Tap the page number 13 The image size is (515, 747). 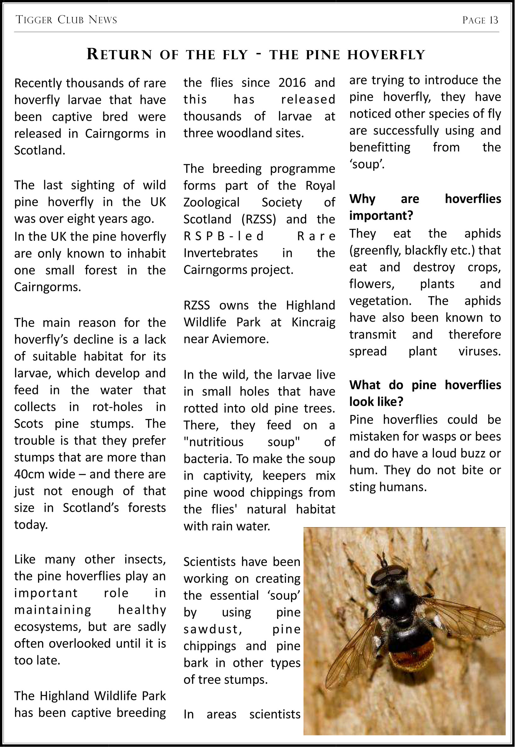493,20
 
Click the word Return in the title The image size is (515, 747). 119,54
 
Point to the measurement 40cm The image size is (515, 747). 29,474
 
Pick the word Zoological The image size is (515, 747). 211,202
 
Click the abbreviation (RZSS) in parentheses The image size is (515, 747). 259,219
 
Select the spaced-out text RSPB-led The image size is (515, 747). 223,236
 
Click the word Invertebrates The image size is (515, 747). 221,253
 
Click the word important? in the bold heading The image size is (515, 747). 381,215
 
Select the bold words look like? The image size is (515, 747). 376,402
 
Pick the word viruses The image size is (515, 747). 479,351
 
